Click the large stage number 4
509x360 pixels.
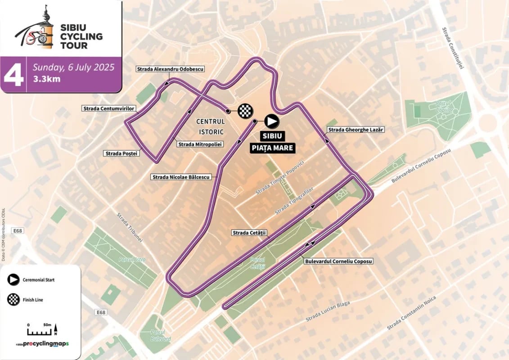13,75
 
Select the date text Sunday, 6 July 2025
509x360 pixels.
73,67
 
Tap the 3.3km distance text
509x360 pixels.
46,80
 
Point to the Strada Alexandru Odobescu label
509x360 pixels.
171,69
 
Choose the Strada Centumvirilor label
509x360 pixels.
109,108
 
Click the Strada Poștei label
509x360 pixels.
122,153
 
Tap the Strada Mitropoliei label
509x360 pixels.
201,144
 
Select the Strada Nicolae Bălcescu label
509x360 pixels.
181,177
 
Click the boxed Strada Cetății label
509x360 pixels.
249,233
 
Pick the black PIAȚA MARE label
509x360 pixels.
273,148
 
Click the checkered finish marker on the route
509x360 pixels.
245,110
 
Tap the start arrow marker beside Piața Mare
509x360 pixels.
271,121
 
